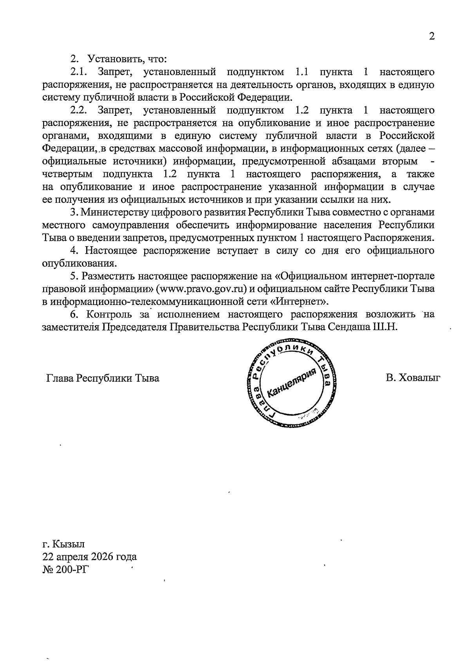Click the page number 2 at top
point(432,37)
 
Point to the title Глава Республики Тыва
point(103,379)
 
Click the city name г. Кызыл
point(63,544)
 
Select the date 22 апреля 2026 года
point(90,556)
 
